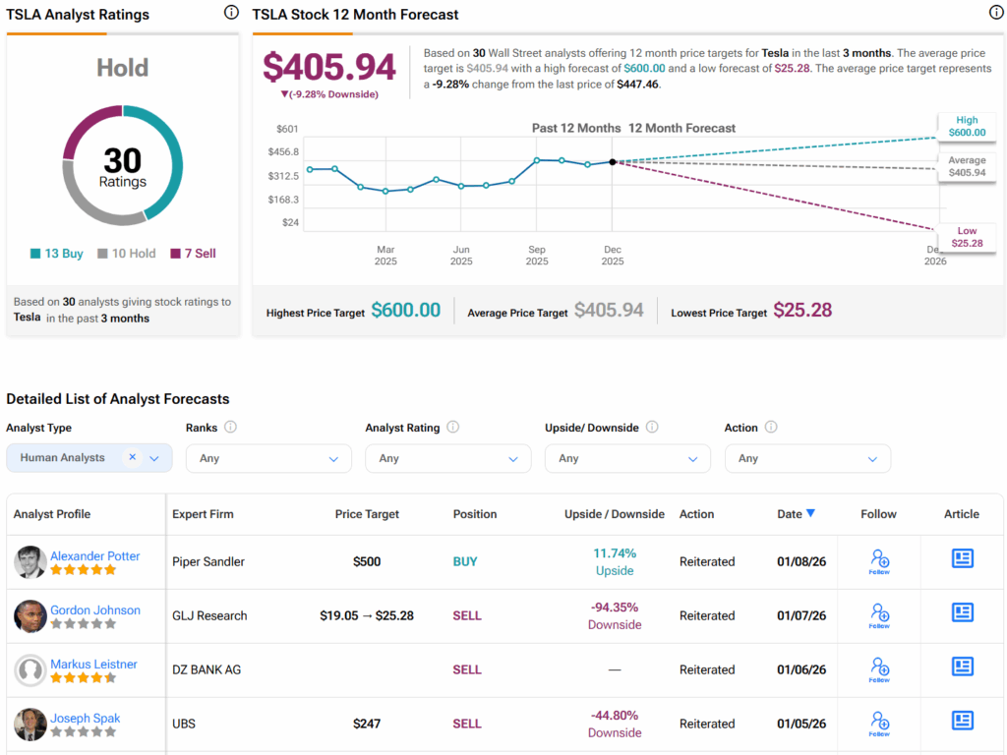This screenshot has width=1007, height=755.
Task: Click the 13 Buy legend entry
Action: click(x=57, y=254)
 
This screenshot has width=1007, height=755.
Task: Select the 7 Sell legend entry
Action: click(x=193, y=254)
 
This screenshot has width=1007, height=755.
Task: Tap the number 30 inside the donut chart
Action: click(x=122, y=160)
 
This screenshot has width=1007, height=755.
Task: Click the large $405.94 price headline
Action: click(x=329, y=67)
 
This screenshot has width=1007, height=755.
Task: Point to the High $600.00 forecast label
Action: click(x=967, y=127)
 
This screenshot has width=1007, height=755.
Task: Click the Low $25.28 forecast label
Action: click(x=967, y=237)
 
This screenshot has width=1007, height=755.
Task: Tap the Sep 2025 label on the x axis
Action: click(x=537, y=256)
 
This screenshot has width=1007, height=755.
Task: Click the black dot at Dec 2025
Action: click(x=613, y=162)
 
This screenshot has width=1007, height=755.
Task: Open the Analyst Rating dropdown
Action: click(x=447, y=458)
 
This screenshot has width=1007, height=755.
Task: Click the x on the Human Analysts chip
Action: click(x=132, y=457)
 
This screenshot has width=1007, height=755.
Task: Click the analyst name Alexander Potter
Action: click(x=95, y=556)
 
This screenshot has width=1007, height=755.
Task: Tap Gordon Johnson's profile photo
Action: click(x=30, y=616)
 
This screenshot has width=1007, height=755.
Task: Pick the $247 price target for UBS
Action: click(x=367, y=724)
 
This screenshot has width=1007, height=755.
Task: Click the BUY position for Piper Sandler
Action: click(x=465, y=561)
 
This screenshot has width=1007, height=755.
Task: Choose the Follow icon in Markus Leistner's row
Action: click(x=879, y=669)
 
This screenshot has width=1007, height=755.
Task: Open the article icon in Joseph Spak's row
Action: click(x=962, y=723)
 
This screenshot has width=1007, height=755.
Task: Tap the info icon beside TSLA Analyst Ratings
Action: click(x=231, y=13)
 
